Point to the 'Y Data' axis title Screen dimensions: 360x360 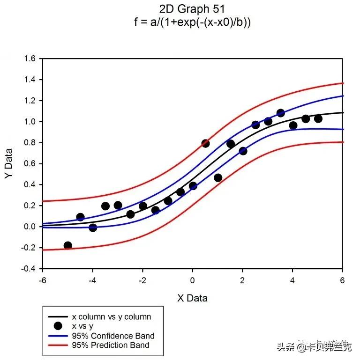point(9,163)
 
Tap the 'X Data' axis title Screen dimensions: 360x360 point(192,298)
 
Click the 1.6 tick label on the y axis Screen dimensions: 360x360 point(30,59)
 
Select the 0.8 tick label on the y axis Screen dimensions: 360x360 point(30,143)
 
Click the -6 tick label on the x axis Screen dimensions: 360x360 point(42,280)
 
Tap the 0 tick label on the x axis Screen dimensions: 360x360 point(193,280)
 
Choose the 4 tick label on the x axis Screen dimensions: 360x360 point(292,280)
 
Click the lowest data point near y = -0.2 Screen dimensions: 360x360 point(67,245)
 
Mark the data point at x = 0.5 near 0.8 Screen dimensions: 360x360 point(205,143)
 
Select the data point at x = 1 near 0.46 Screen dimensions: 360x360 point(218,177)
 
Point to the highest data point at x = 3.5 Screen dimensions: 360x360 point(281,113)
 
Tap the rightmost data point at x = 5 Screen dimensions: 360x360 point(318,118)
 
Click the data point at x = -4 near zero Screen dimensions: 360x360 point(93,228)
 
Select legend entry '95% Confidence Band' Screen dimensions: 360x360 point(113,336)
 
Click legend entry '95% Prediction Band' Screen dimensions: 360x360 point(111,345)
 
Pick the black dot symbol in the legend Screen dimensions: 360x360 point(58,326)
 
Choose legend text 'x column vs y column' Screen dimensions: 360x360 point(111,316)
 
